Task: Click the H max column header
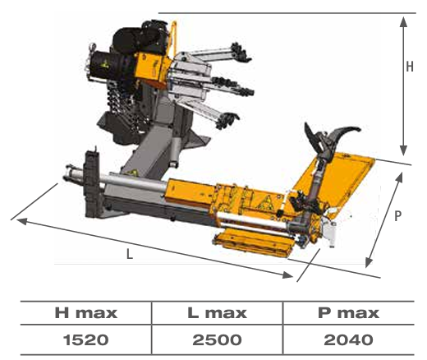tap(86, 313)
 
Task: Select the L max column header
tap(218, 313)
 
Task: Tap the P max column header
tap(348, 313)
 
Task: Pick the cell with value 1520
tap(86, 340)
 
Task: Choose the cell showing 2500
tap(218, 340)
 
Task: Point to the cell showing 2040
tap(348, 340)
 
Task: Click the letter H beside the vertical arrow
tap(410, 67)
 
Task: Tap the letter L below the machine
tap(130, 254)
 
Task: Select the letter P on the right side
tap(397, 216)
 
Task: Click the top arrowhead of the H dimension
tap(403, 21)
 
